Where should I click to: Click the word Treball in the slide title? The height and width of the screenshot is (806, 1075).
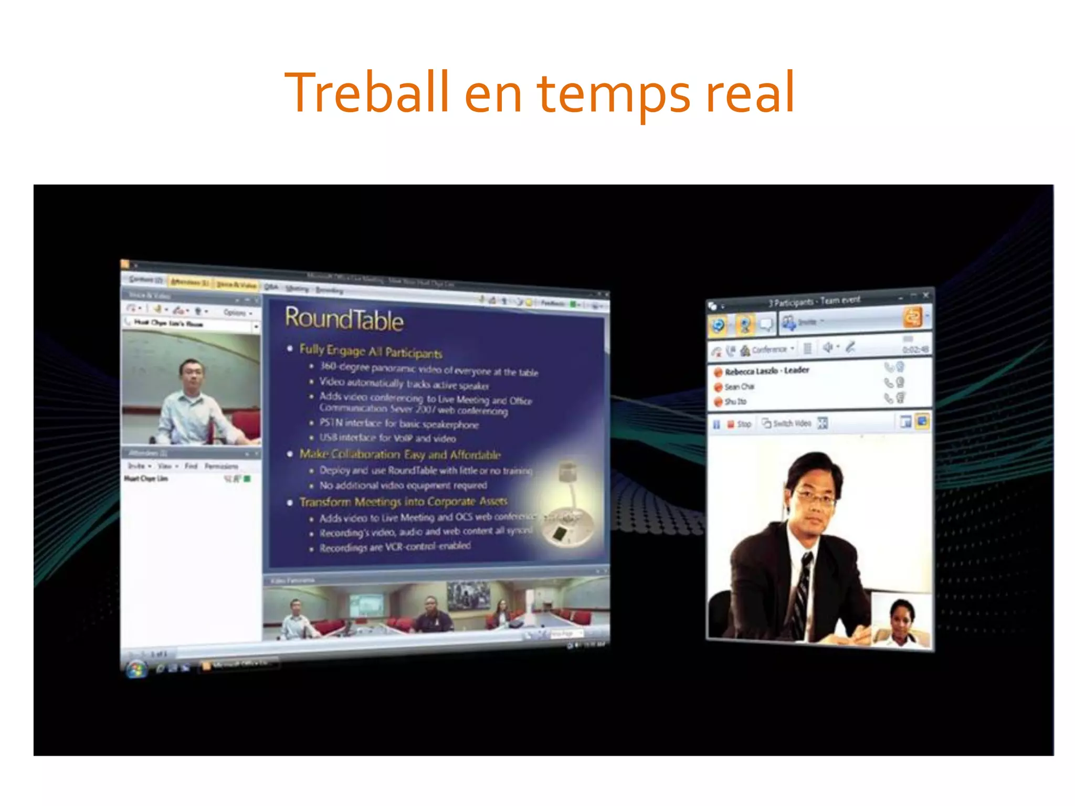click(x=366, y=93)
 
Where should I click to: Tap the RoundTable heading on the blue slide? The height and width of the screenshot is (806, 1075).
click(x=344, y=319)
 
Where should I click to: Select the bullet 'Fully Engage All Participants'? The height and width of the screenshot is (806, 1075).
click(x=371, y=351)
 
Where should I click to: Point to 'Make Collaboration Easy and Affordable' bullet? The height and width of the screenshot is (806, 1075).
click(x=400, y=454)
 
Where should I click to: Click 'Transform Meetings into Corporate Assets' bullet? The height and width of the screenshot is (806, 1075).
click(x=403, y=502)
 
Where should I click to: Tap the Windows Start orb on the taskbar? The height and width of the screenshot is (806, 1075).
click(x=136, y=669)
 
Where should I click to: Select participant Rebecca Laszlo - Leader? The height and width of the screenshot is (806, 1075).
click(x=766, y=371)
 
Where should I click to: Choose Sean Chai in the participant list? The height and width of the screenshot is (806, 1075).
click(x=739, y=387)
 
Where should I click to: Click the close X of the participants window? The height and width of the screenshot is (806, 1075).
click(x=925, y=295)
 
